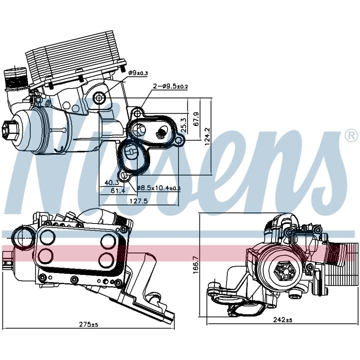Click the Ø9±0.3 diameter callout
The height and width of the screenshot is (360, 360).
click(139, 72)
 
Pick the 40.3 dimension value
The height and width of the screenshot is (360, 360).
click(112, 182)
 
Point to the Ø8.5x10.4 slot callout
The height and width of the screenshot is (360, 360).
click(159, 188)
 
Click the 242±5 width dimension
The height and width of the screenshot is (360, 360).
click(283, 320)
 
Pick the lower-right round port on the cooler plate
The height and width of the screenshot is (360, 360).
click(107, 259)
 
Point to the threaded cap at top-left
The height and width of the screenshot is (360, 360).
click(15, 80)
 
